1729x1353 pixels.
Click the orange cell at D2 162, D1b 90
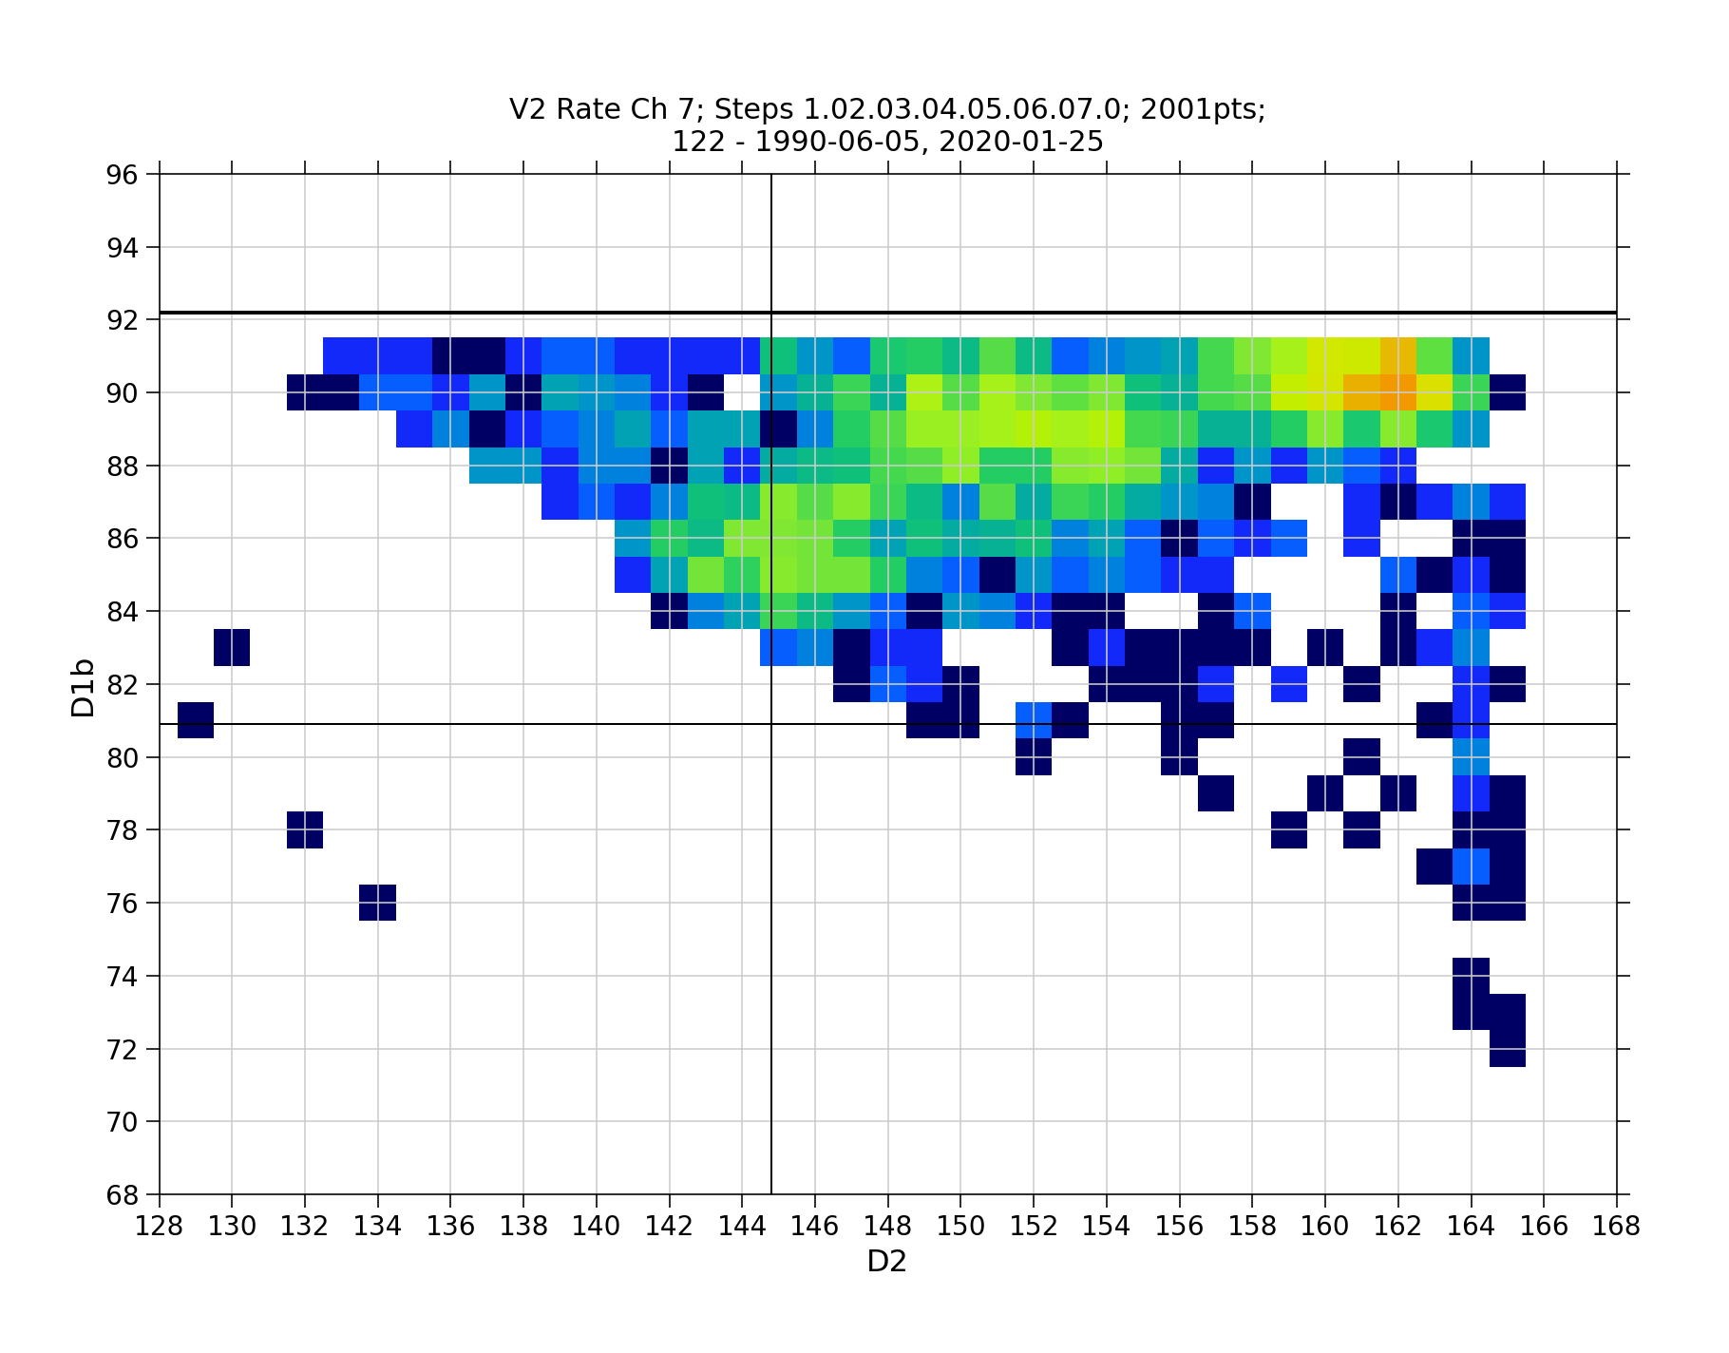[1398, 391]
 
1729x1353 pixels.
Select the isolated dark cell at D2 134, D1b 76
[378, 903]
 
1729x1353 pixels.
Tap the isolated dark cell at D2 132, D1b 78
[305, 829]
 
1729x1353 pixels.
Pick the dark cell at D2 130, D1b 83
[232, 648]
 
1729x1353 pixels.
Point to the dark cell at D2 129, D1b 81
[196, 720]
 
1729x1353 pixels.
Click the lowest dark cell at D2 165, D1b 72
[1508, 1048]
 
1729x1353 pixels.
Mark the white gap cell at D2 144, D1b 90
[742, 391]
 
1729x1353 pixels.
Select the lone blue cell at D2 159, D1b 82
[1289, 684]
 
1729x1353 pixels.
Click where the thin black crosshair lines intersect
[770, 724]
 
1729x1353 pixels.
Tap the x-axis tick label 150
[960, 1227]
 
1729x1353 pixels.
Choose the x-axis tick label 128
[160, 1227]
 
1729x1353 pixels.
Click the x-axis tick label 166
[1544, 1227]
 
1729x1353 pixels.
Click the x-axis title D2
[886, 1263]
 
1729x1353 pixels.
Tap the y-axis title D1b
[84, 686]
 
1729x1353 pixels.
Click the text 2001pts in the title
[1203, 110]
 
